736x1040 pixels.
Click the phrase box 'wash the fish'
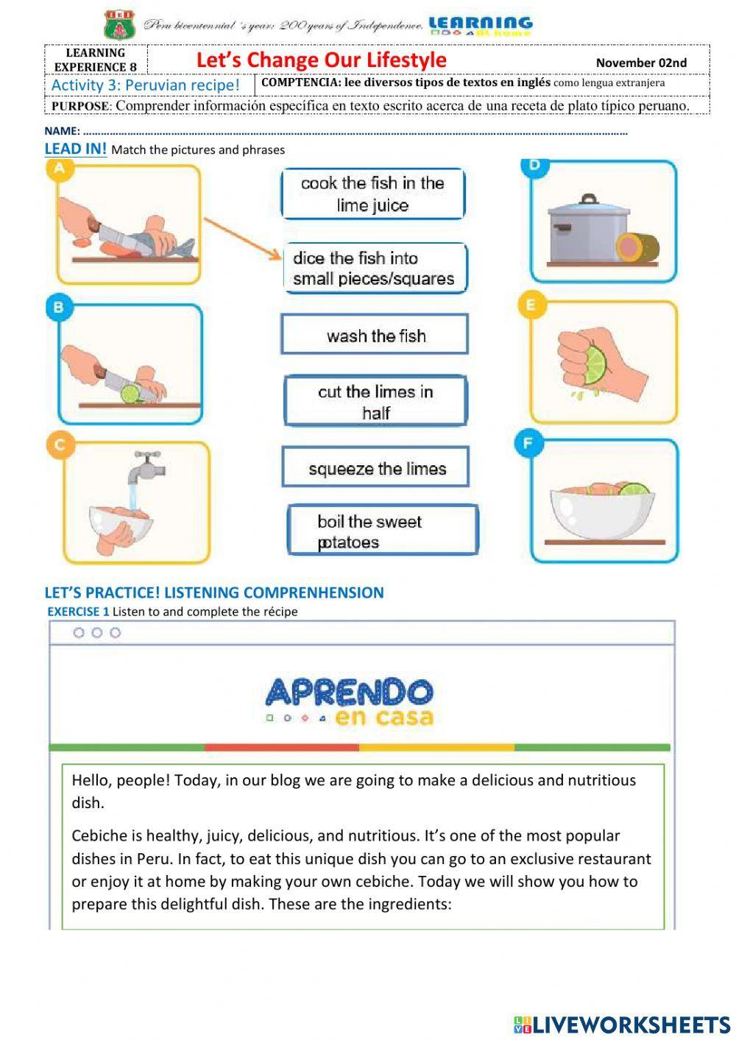point(374,335)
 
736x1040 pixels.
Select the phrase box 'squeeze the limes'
point(375,467)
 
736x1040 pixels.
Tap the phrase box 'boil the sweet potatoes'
point(381,531)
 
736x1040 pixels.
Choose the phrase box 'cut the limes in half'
point(375,401)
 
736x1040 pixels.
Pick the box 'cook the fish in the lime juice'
point(372,194)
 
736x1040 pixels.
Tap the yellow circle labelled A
point(60,169)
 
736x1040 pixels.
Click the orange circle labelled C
point(60,445)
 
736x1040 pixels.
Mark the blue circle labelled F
point(529,443)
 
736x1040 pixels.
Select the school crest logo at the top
point(119,24)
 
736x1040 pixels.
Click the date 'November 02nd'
point(640,63)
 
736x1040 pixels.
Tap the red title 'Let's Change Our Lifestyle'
point(321,60)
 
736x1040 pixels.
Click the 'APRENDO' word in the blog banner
point(349,692)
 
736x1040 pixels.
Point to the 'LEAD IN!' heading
point(75,149)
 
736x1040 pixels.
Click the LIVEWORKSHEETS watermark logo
point(622,1024)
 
